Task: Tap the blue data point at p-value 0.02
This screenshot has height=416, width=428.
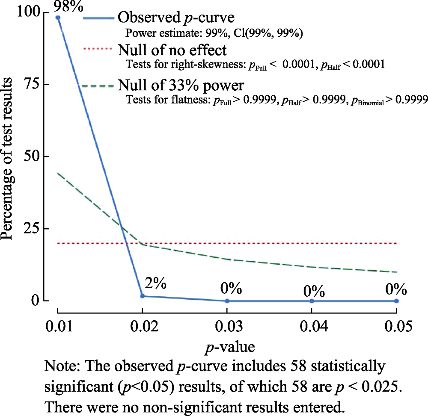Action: pyautogui.click(x=143, y=296)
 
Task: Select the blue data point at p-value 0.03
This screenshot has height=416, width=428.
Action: pyautogui.click(x=227, y=301)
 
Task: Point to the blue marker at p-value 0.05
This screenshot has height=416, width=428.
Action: pyautogui.click(x=396, y=301)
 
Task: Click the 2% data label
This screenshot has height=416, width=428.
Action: pyautogui.click(x=155, y=283)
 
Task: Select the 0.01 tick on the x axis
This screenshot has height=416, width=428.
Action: pyautogui.click(x=58, y=327)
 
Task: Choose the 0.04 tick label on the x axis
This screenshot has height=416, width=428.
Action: pyautogui.click(x=312, y=327)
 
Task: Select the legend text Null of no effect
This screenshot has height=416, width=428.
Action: pyautogui.click(x=172, y=50)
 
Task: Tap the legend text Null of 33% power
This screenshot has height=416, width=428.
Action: pyautogui.click(x=181, y=85)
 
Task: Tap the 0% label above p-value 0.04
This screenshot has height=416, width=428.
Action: pyautogui.click(x=313, y=292)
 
